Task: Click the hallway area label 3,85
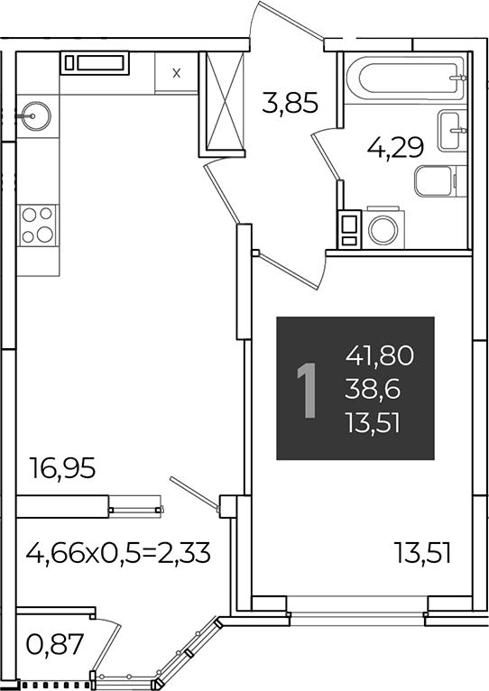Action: (x=290, y=103)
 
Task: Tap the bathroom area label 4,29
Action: (x=395, y=147)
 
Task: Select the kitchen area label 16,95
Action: (x=61, y=468)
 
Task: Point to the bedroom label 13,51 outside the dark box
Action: (x=422, y=553)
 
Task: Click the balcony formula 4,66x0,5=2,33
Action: (x=118, y=553)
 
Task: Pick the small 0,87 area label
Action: (x=55, y=645)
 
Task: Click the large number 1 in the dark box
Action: (x=307, y=390)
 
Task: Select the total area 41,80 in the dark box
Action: (x=380, y=355)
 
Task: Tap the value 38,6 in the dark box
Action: (x=373, y=390)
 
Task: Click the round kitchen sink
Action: (x=36, y=115)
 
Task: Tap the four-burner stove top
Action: (x=38, y=226)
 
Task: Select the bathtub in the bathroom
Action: (x=406, y=78)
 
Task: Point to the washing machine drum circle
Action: (x=383, y=229)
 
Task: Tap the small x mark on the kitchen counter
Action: (x=176, y=73)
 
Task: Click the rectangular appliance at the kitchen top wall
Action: (x=95, y=63)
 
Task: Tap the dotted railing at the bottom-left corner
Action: (x=55, y=686)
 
